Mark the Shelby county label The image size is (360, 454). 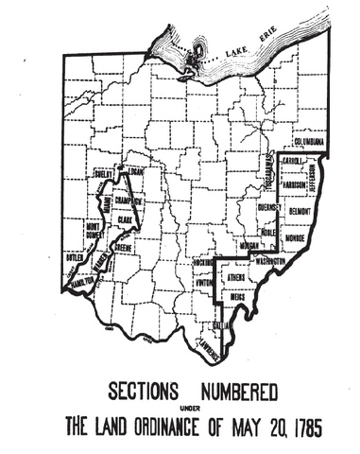pos(103,175)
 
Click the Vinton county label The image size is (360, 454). pos(204,282)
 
